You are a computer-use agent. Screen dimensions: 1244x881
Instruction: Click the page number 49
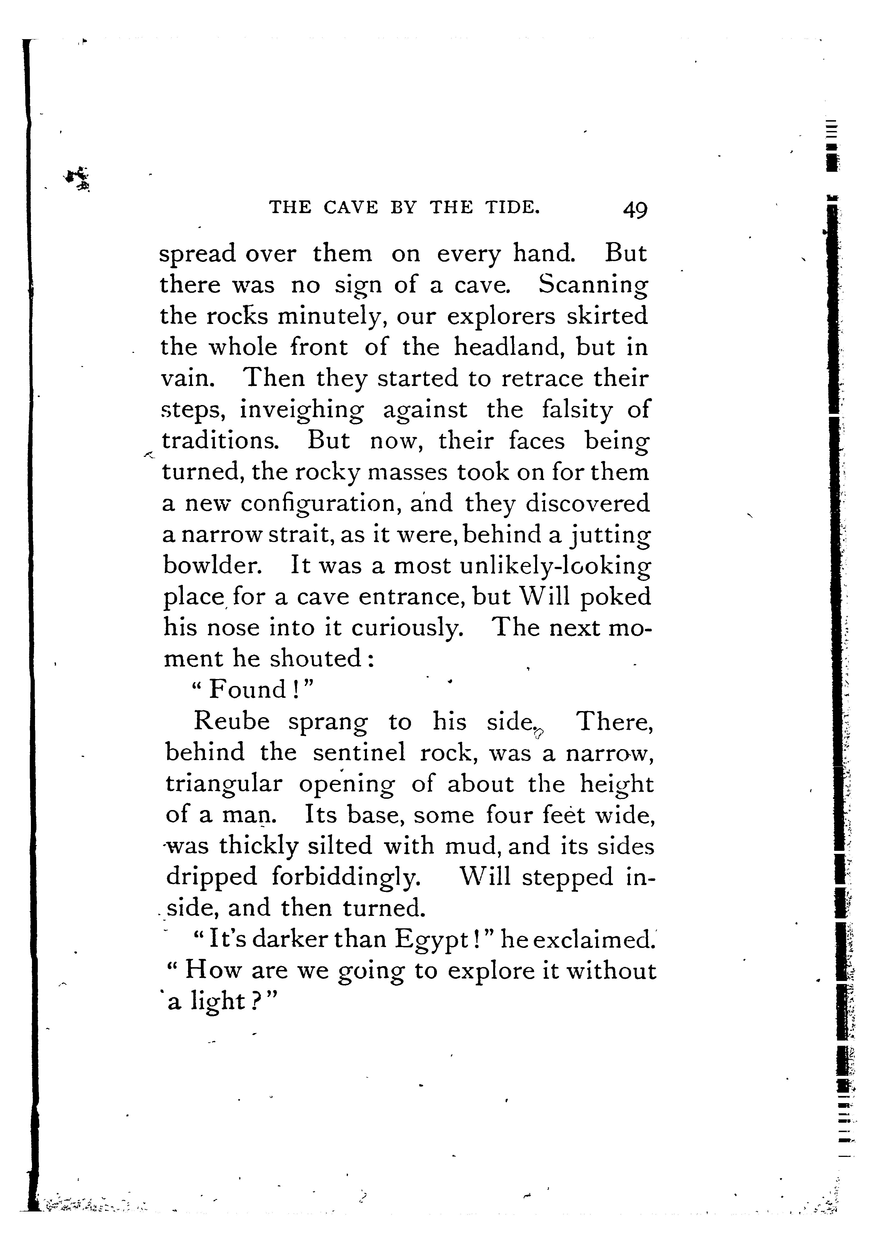[x=635, y=209]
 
